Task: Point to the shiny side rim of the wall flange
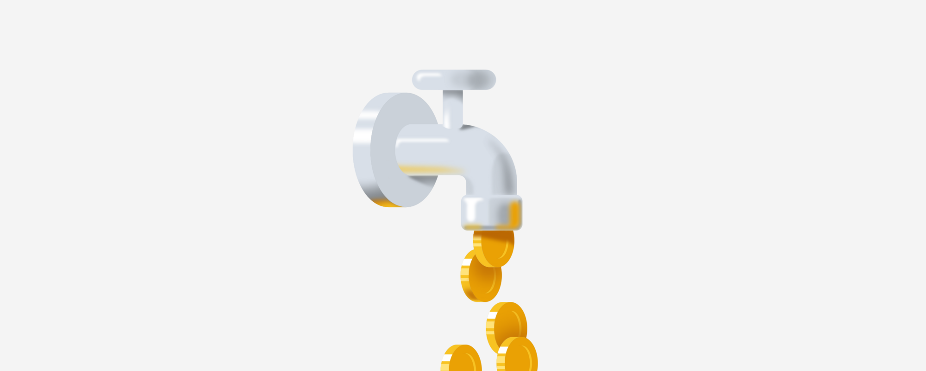pos(362,148)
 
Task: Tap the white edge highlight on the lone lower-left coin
pos(446,358)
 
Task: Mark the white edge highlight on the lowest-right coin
pos(501,353)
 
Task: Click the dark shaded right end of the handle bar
pos(484,80)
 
